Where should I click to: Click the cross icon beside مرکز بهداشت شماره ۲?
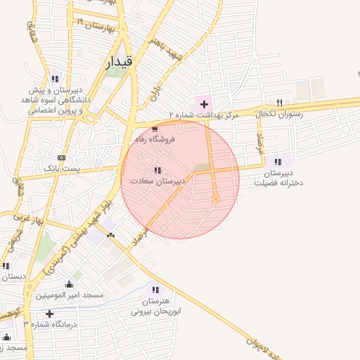tap(204, 104)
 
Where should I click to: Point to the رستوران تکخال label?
tap(281, 113)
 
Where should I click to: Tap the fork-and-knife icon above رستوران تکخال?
tap(280, 103)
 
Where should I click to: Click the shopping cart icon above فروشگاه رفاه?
tap(155, 129)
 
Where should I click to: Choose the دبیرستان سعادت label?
tap(157, 181)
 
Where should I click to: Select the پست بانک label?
tap(62, 169)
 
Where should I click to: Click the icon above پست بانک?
tap(62, 157)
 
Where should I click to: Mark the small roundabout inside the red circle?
tap(216, 198)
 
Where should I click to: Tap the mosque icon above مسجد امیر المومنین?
tap(69, 285)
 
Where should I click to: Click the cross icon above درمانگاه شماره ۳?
tap(49, 314)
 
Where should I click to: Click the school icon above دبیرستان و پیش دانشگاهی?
tap(55, 79)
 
